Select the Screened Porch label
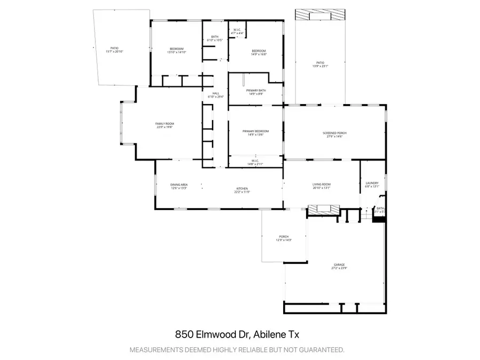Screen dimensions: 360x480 (x=333, y=134)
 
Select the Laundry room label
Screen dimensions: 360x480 (x=372, y=185)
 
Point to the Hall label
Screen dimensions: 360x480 (x=210, y=95)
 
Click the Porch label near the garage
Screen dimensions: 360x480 (x=284, y=238)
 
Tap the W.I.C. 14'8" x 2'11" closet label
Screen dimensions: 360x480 (x=255, y=162)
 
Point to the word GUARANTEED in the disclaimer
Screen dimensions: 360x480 (x=317, y=350)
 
